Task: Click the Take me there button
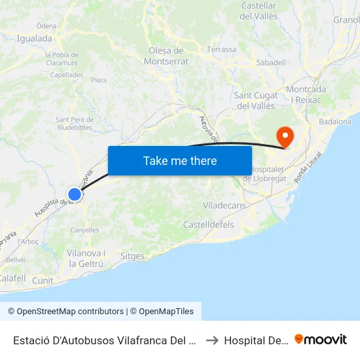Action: click(179, 160)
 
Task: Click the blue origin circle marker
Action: click(75, 194)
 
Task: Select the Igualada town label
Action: click(35, 39)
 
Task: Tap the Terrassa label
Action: click(221, 49)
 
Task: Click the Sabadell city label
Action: click(271, 62)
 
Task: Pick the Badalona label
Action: click(335, 122)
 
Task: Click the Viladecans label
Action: click(224, 206)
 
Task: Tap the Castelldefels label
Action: click(208, 225)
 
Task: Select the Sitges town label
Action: click(133, 256)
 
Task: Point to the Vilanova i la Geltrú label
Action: click(86, 258)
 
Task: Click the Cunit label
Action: click(43, 280)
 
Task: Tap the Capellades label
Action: click(67, 75)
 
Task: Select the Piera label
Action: click(99, 81)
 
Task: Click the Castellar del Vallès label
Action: click(259, 10)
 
